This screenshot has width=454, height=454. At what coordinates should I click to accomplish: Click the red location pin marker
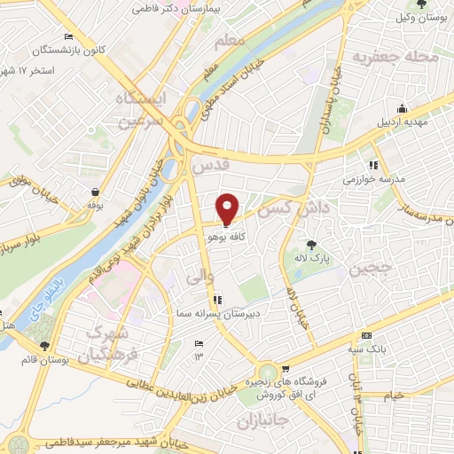click(x=228, y=208)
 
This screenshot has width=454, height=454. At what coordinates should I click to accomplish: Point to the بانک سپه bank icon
click(x=367, y=337)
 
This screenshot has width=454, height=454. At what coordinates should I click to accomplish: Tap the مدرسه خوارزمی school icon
click(x=375, y=165)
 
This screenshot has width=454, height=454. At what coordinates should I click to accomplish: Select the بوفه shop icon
click(x=95, y=192)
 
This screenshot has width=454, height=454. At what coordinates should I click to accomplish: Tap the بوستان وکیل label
click(x=417, y=18)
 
